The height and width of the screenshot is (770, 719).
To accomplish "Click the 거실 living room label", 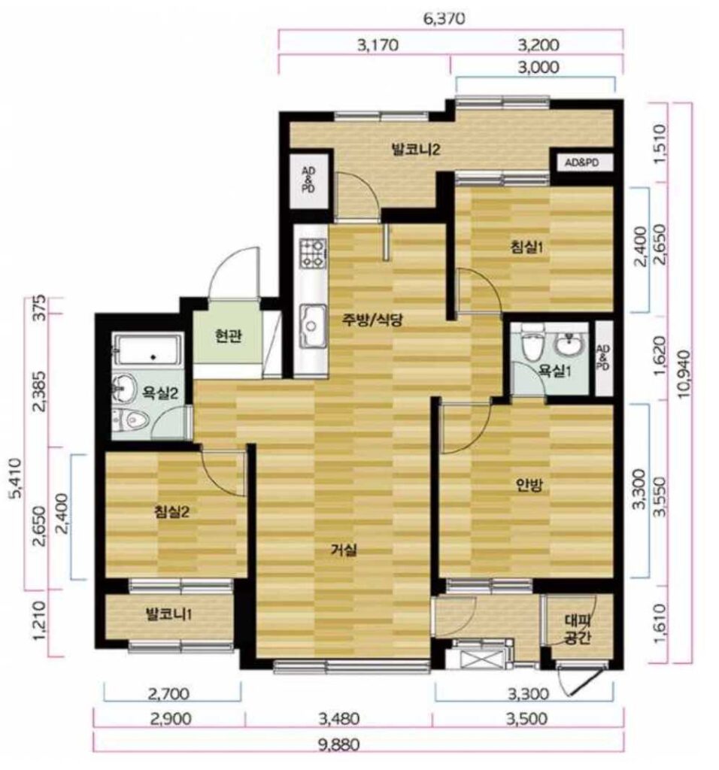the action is point(343,550).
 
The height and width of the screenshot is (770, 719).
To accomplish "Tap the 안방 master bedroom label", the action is point(529,485).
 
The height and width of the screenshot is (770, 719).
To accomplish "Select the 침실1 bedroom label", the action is point(527,247).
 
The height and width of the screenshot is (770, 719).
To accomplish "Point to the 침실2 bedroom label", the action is point(172,512).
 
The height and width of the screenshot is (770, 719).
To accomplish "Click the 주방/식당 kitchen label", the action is point(373,320).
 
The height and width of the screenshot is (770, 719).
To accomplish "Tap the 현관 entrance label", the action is point(228,337).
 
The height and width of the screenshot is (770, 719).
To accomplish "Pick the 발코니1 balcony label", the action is point(168,614).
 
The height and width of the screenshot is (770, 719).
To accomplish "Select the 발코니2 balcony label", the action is point(415,149).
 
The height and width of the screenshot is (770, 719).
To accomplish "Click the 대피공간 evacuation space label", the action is point(577,629).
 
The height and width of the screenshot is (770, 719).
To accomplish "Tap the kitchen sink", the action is point(313,325).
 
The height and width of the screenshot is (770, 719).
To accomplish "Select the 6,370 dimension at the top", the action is point(444,19).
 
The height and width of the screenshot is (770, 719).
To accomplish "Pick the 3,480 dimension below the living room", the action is point(339,720).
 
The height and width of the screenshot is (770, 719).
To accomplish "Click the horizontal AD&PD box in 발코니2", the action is point(582,162).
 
